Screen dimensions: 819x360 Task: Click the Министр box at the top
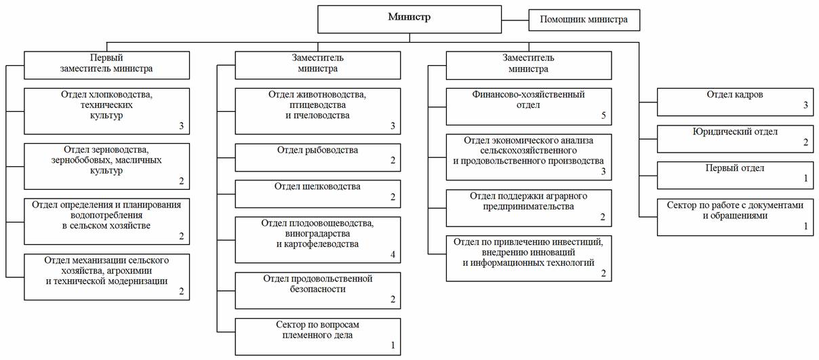pos(410,20)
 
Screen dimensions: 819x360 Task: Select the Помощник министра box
pos(584,20)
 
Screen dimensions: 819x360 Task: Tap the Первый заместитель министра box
pos(106,65)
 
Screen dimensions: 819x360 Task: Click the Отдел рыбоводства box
pos(318,157)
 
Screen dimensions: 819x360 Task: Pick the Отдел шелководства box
pos(318,194)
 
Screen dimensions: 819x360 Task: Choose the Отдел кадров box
pos(736,102)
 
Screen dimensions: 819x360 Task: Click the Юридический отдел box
pos(736,139)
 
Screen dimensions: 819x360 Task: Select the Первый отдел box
pos(736,176)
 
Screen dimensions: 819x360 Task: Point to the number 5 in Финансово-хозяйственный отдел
pos(603,115)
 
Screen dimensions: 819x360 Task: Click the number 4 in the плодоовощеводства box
pos(393,254)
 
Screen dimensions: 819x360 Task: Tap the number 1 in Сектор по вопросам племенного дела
pos(393,345)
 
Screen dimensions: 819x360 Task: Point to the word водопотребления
pos(106,216)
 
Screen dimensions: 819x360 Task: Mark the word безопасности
pos(317,289)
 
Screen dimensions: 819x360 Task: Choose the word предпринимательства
pos(528,207)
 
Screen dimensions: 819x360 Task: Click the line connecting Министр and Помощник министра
pos(515,20)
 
